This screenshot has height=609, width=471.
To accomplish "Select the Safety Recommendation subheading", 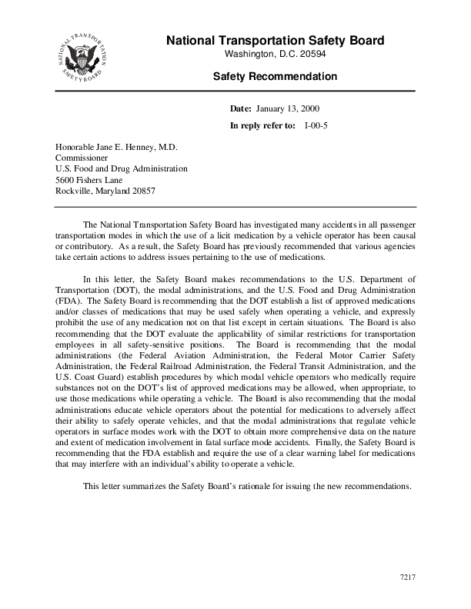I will pos(275,77).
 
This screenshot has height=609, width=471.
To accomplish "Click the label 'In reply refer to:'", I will pos(262,125).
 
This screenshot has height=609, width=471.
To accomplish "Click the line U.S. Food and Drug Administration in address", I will pos(121,168).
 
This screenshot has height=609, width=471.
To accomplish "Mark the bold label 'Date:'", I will pos(242,110).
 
